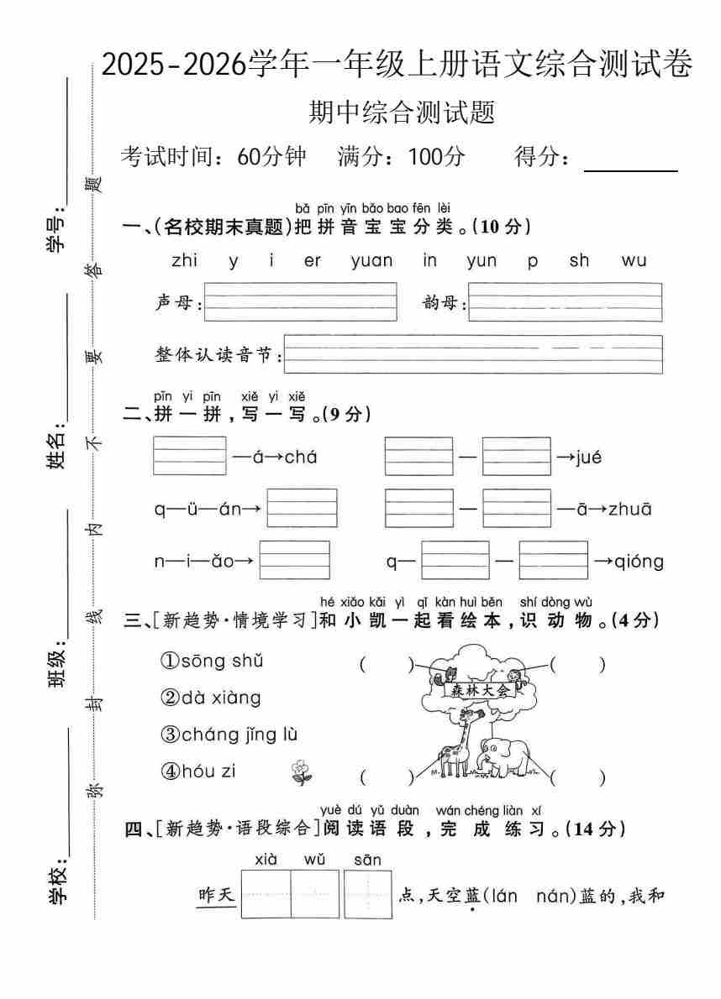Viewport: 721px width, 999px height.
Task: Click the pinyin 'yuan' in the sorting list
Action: click(x=371, y=261)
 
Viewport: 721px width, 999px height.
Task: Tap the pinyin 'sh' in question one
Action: click(x=579, y=261)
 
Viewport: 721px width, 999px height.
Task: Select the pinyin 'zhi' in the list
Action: click(x=184, y=261)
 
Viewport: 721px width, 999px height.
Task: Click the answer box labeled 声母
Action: click(x=300, y=302)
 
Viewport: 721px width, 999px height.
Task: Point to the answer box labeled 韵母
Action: click(x=565, y=302)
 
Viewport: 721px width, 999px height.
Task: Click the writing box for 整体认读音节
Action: click(x=474, y=354)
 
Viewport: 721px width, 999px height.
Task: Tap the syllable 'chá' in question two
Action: click(x=300, y=458)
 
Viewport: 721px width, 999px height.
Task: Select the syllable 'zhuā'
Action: click(x=629, y=509)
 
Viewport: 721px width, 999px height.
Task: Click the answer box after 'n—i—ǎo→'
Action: click(x=294, y=560)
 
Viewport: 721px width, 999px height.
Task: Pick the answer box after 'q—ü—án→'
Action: click(x=302, y=509)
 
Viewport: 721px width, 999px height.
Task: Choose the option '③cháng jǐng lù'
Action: click(x=229, y=735)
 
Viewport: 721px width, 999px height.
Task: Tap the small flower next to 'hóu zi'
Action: click(x=300, y=772)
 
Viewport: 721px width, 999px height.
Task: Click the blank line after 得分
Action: click(x=630, y=161)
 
